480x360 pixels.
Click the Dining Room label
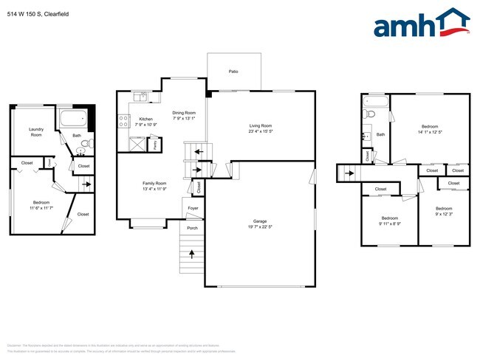pyautogui.click(x=184, y=112)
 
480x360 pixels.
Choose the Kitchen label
pyautogui.click(x=146, y=120)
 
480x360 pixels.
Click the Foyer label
pyautogui.click(x=193, y=210)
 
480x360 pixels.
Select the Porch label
pyautogui.click(x=192, y=228)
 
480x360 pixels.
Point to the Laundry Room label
pyautogui.click(x=36, y=131)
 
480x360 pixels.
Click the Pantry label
pyautogui.click(x=155, y=145)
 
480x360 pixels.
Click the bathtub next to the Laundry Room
pyautogui.click(x=74, y=120)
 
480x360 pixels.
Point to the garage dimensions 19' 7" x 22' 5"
pyautogui.click(x=260, y=226)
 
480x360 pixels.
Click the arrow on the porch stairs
pyautogui.click(x=192, y=255)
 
